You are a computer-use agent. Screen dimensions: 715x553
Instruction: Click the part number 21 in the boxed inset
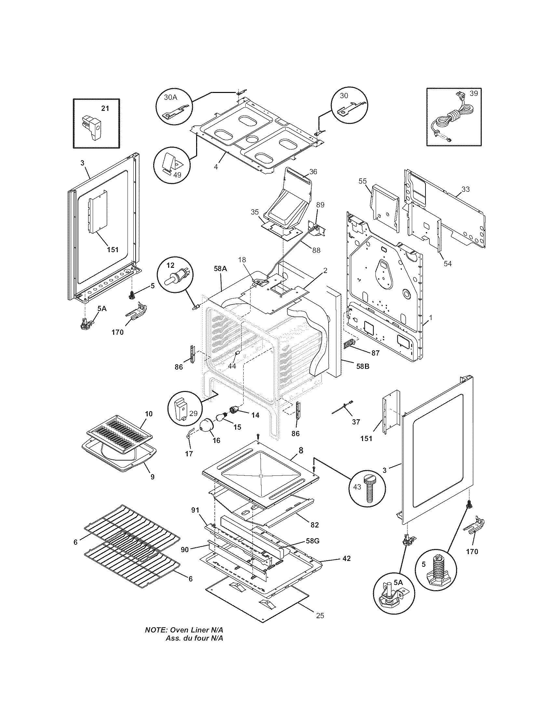(105, 108)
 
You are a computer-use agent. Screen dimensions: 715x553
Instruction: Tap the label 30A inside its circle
(170, 97)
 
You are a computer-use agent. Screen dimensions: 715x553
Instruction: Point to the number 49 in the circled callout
(177, 175)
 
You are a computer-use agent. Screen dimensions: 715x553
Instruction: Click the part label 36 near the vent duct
(313, 172)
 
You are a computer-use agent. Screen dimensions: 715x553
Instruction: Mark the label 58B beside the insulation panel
(362, 366)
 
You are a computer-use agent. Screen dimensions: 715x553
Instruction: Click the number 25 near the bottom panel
(320, 616)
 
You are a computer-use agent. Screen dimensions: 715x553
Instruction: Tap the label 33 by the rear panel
(465, 189)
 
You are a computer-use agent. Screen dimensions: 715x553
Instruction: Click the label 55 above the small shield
(363, 181)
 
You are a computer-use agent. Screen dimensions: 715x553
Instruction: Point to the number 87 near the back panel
(375, 353)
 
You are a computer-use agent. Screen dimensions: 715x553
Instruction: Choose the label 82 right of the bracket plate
(314, 525)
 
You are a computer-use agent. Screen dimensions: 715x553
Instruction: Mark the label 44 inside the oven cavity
(232, 366)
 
